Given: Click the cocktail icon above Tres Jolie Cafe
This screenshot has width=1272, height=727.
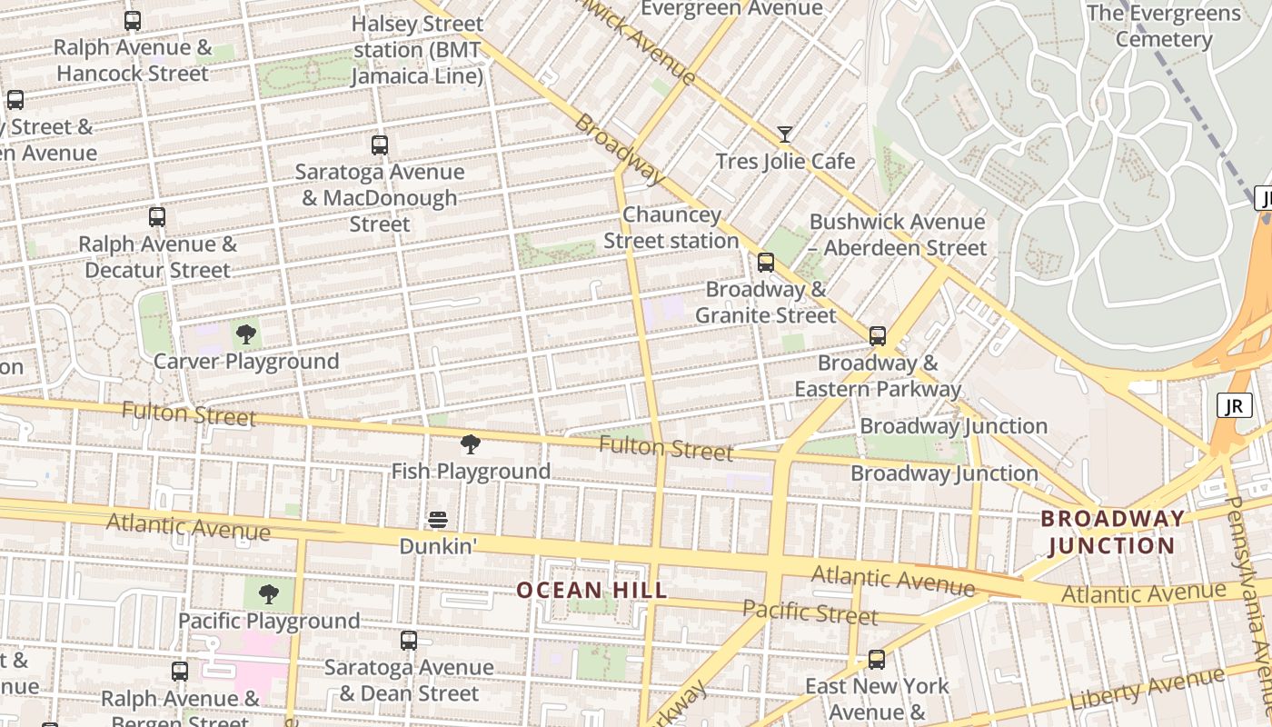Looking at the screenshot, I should click(785, 134).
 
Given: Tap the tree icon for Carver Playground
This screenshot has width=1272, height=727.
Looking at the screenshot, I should click(245, 334).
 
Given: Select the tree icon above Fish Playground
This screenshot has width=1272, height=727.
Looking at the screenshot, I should click(470, 444).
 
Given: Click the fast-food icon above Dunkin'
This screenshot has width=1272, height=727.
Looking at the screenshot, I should click(438, 520).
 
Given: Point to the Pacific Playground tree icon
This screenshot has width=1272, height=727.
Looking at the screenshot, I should click(268, 594).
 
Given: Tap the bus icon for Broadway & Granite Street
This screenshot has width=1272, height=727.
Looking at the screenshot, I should click(766, 263).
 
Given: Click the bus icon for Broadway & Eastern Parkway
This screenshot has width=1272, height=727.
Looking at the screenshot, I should click(877, 336).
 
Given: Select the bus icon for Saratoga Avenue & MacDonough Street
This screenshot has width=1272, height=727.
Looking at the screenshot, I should click(380, 144).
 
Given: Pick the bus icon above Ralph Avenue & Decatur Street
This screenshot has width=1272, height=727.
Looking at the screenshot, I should click(157, 217).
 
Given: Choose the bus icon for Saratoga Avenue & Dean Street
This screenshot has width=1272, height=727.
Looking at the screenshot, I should click(409, 641).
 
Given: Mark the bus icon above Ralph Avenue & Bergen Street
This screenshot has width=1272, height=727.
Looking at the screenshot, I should click(180, 672).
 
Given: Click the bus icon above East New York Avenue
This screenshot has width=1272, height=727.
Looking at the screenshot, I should click(877, 660).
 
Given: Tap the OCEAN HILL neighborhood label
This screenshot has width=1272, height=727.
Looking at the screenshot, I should click(591, 590).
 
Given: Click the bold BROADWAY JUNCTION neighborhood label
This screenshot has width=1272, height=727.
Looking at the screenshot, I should click(1112, 533).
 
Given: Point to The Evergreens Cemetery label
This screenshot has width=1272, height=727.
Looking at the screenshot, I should click(1163, 26).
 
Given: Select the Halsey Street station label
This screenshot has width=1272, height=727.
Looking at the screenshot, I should click(418, 50).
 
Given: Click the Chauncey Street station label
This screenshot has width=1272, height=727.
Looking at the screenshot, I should click(671, 228).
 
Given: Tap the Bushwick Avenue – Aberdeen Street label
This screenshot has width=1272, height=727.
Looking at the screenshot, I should click(898, 234).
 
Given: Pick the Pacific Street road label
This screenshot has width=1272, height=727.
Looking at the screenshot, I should click(810, 612).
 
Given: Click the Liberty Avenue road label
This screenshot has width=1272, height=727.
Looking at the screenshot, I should click(1147, 688).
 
